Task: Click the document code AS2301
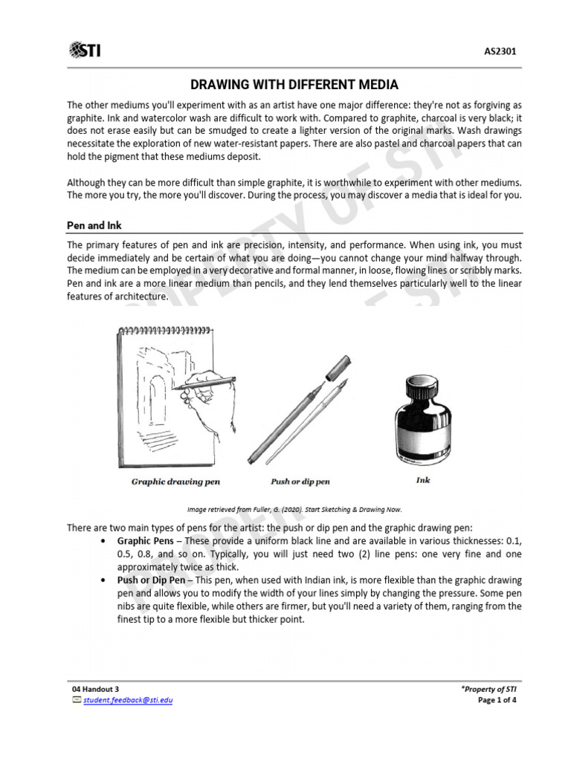pos(500,51)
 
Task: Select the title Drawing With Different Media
pos(294,85)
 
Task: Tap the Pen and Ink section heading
pos(95,224)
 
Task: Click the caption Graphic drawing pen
pos(175,482)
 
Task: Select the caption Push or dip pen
pos(300,482)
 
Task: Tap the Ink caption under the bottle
pos(422,480)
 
